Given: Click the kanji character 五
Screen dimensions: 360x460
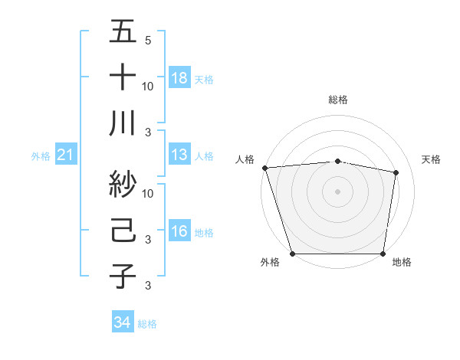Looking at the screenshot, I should pos(123,32).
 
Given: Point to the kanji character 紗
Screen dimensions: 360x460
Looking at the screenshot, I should pos(123,185).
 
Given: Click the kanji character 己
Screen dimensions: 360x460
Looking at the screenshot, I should pos(123,231).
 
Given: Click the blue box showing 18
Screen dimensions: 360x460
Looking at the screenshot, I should pos(179,78).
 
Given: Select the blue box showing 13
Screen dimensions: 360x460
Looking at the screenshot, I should pos(179,155).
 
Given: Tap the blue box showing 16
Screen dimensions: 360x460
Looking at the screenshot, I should pos(179,232).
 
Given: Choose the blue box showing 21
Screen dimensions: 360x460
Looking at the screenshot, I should pos(65,155).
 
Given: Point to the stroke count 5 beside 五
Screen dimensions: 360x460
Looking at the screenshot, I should pos(147,40).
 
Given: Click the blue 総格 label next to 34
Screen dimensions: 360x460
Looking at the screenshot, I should pos(147,324).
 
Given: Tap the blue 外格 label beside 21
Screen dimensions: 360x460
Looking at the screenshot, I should pos(41,156).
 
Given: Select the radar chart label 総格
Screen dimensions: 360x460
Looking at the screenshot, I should pos(338,100).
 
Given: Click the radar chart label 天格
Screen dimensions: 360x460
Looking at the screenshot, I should pos(432,159).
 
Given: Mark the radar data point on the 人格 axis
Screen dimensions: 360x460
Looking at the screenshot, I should pos(264,167).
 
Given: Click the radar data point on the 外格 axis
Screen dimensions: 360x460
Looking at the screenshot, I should pos(293,254).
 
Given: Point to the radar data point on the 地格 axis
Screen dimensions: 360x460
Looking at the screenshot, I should pos(383,254).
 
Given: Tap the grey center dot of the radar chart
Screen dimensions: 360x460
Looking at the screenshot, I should pos(338,191).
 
